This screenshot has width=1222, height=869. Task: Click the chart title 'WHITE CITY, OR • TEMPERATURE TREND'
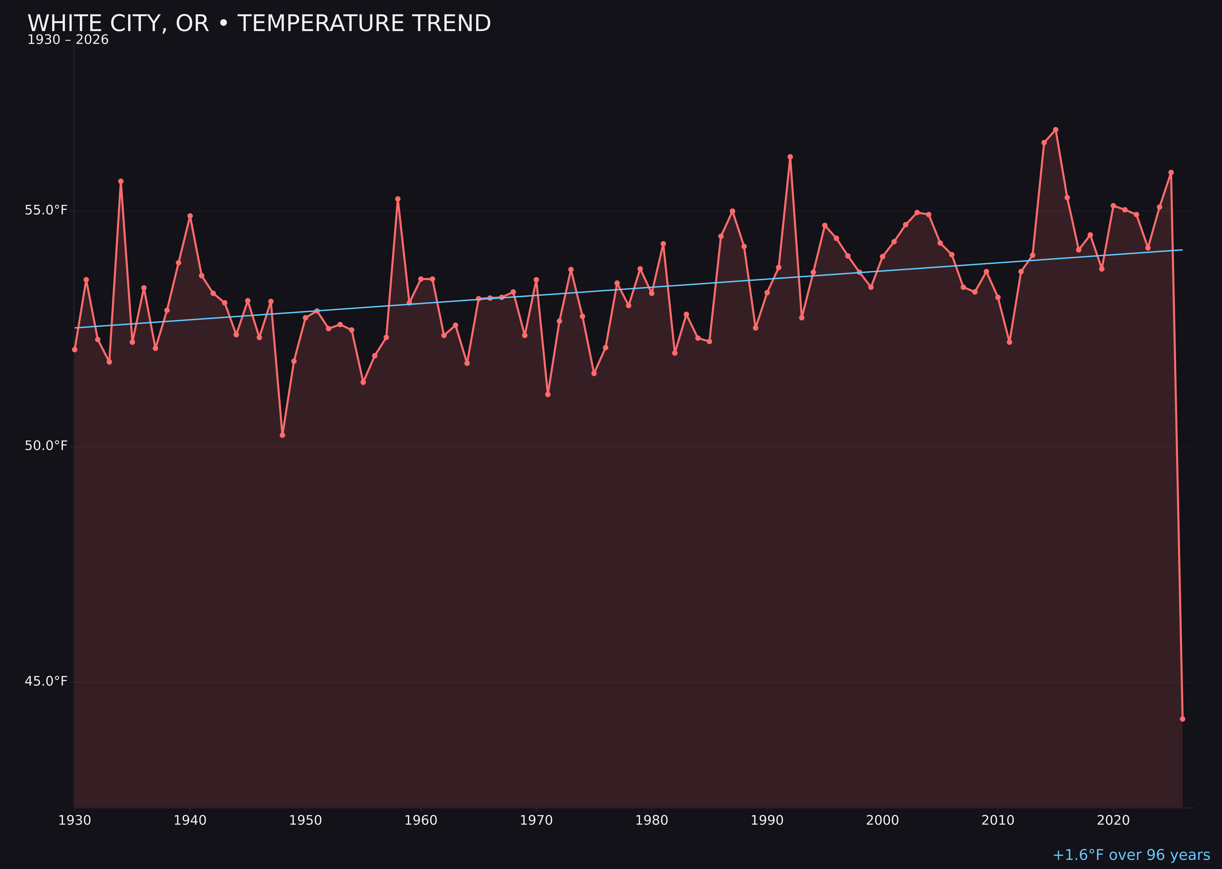click(x=259, y=24)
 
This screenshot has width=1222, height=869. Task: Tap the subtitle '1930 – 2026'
click(x=68, y=40)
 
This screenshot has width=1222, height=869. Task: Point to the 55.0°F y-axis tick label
click(x=46, y=210)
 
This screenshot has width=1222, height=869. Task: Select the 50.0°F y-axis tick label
click(x=46, y=446)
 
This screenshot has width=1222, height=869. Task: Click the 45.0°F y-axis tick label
click(x=46, y=681)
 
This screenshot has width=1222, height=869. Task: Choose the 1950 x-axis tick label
click(x=305, y=821)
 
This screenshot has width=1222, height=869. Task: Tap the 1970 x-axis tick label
click(x=536, y=821)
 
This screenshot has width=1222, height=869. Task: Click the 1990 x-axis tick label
click(x=767, y=821)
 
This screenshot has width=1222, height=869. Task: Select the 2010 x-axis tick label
click(x=998, y=821)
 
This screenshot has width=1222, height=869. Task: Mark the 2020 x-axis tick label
click(x=1113, y=821)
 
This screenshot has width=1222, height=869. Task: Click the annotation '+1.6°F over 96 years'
click(x=1131, y=855)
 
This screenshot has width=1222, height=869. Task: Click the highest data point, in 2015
click(x=1056, y=130)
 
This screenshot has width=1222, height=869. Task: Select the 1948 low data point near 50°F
click(x=283, y=435)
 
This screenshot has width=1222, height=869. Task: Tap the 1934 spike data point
click(x=121, y=182)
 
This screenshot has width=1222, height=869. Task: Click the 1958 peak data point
click(x=397, y=199)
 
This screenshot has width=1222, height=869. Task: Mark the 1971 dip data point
click(x=548, y=394)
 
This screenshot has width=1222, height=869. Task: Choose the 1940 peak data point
click(x=190, y=216)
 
